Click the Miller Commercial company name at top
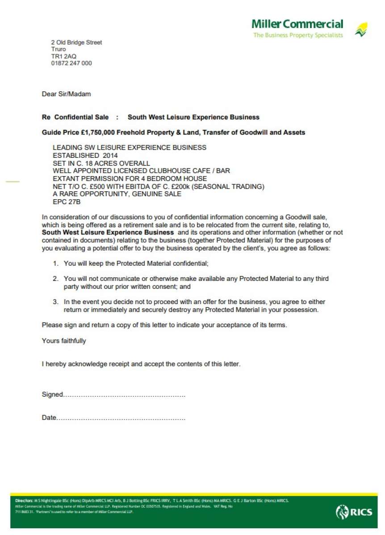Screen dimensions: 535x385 (x=297, y=24)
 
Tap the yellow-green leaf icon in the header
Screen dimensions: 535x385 (x=361, y=29)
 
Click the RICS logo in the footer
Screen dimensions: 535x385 (x=354, y=512)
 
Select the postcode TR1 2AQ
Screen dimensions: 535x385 (x=64, y=56)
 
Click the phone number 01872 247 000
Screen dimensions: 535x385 (x=71, y=63)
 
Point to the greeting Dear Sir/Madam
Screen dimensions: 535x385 (x=66, y=94)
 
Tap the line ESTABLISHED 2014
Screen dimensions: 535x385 (x=85, y=156)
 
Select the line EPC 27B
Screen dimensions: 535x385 (x=67, y=202)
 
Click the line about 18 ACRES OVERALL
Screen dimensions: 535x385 (x=101, y=163)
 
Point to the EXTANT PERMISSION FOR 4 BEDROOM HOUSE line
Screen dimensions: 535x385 (x=130, y=179)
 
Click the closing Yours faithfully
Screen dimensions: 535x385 (x=64, y=341)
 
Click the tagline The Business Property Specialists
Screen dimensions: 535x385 (x=298, y=35)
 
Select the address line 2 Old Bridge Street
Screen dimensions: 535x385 (x=76, y=42)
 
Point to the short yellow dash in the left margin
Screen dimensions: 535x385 (x=13, y=182)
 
